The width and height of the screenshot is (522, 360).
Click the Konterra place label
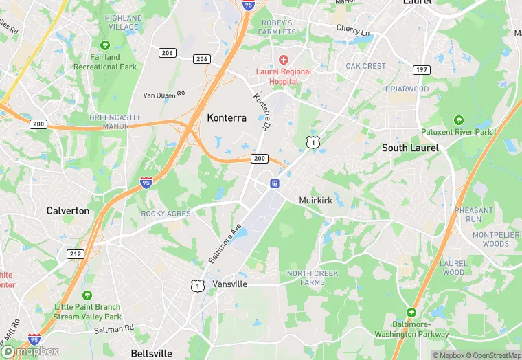[x=227, y=118]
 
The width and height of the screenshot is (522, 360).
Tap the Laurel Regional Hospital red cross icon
[x=283, y=60]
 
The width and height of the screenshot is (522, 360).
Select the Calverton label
[x=68, y=211]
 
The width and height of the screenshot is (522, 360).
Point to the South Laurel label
[x=410, y=148]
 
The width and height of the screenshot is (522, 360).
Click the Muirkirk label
[x=316, y=201]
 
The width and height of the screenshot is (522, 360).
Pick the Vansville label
[x=229, y=284]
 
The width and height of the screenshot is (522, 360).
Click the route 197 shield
[x=422, y=71]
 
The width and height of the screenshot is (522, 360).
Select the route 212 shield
[x=76, y=254]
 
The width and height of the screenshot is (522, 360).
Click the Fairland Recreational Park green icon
[x=104, y=45]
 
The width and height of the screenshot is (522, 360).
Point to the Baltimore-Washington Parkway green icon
[x=411, y=312]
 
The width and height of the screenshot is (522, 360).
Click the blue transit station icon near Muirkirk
[x=274, y=183]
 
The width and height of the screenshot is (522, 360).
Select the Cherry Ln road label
[x=353, y=30]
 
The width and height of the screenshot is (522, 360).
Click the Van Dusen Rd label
[x=164, y=94]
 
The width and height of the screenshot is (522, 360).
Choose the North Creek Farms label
[x=313, y=278]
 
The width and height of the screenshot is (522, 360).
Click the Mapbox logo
[x=31, y=350]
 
